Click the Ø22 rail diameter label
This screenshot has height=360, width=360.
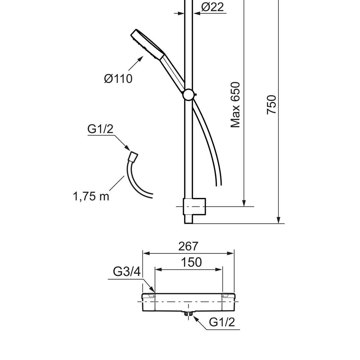pos(212,7)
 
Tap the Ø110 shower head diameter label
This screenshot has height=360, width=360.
pos(118,79)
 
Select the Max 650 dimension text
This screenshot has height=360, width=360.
pos(235,105)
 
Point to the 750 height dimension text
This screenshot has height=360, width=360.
pos(271,105)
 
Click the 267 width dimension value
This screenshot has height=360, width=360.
pos(188,246)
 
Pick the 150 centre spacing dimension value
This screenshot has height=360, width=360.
pos(191,262)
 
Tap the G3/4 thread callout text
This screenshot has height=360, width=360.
pos(127,271)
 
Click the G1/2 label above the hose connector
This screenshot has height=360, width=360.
pos(100,129)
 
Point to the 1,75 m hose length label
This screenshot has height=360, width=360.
pos(91,196)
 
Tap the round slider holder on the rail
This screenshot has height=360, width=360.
pos(189,94)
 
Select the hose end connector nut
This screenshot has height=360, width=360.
pos(133,156)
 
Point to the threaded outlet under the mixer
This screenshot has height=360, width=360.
pos(188,314)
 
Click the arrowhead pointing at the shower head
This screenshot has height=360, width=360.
pos(140,59)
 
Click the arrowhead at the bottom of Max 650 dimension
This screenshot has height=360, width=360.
pos(244,203)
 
